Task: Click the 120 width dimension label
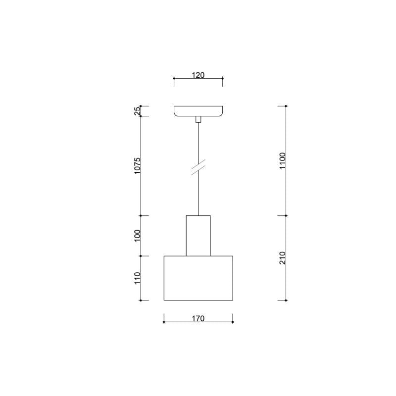[x=198, y=75]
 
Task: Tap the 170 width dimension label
[x=198, y=318]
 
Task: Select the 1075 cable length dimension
[x=137, y=166]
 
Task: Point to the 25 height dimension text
[x=137, y=111]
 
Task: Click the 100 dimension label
[x=137, y=236]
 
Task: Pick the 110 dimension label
[x=137, y=278]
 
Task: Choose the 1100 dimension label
[x=283, y=161]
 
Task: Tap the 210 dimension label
[x=283, y=258]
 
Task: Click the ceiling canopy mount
[x=198, y=111]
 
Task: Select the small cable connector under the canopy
[x=198, y=119]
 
